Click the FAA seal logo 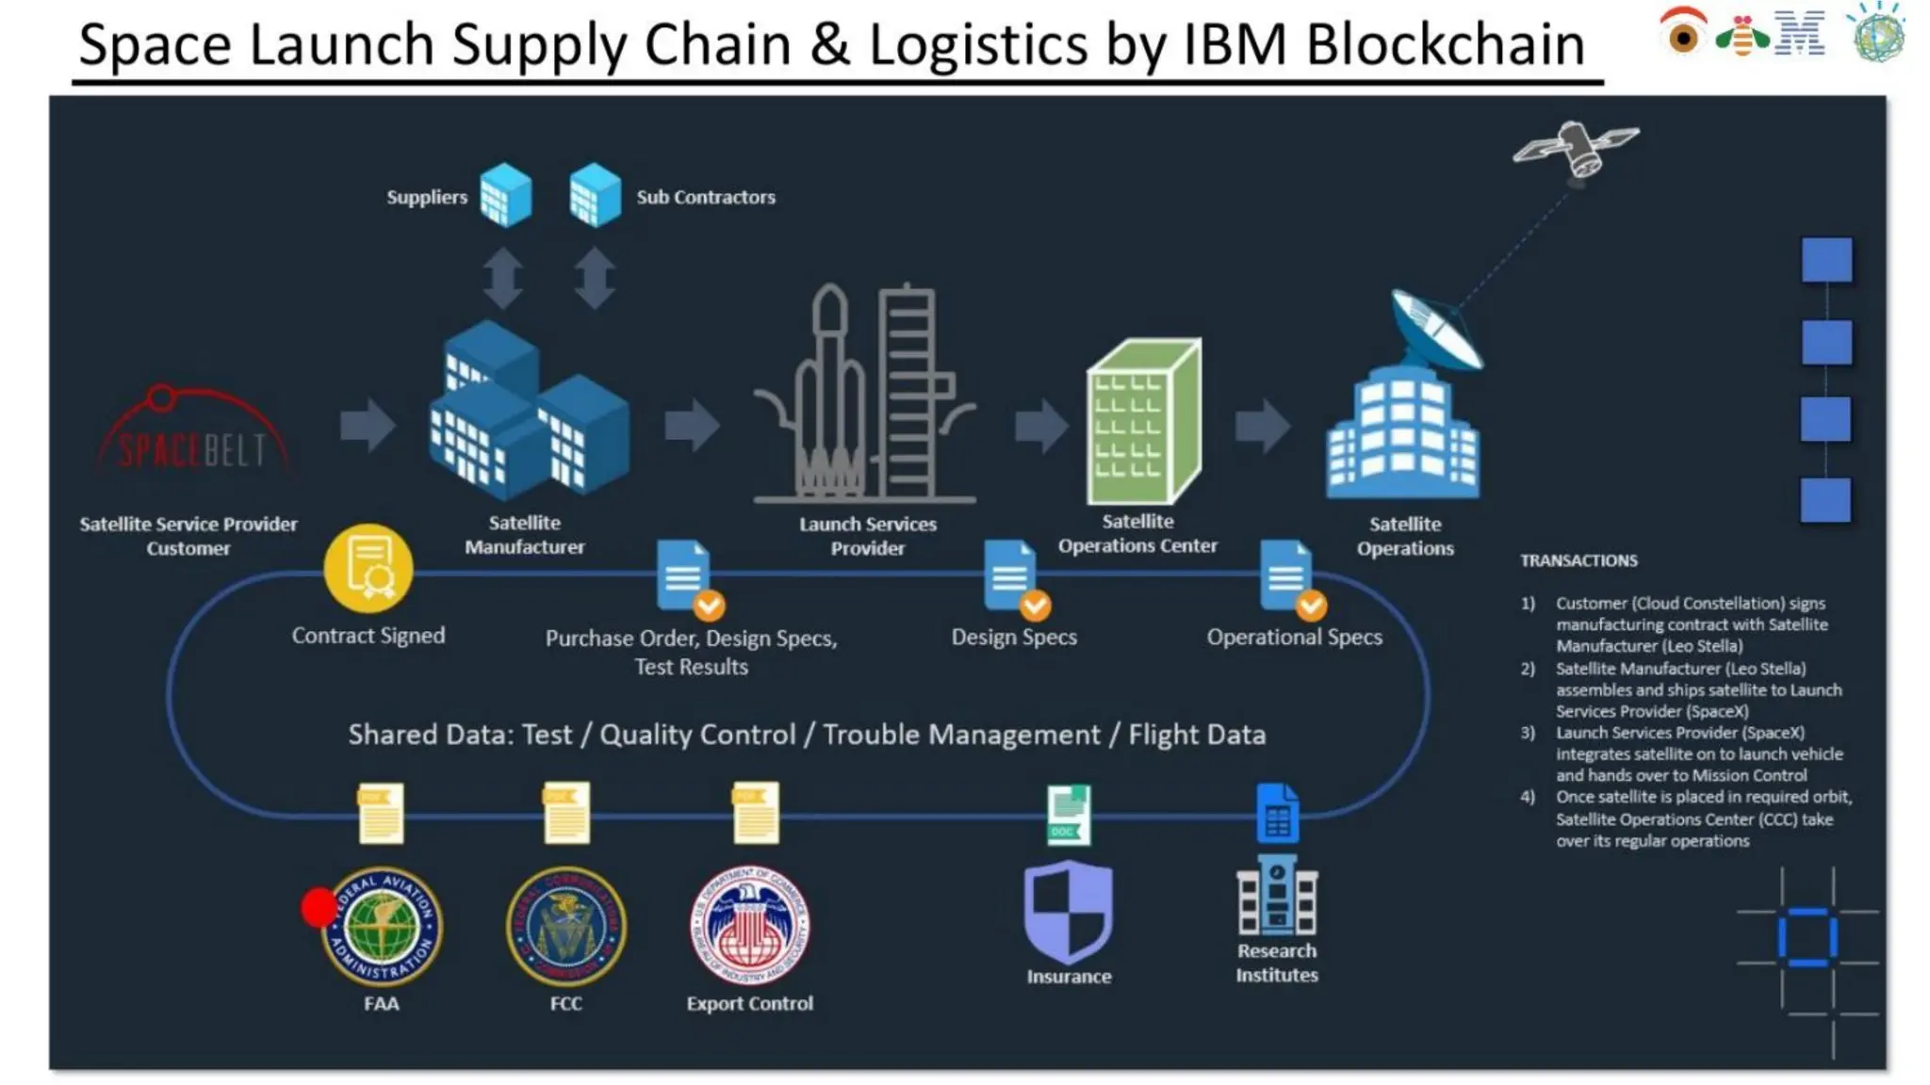click(x=382, y=925)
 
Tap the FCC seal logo click(x=565, y=925)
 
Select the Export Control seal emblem click(x=750, y=925)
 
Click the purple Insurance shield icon click(x=1069, y=910)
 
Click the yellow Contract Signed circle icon click(x=368, y=568)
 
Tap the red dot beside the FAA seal click(x=319, y=907)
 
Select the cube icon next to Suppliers click(x=506, y=195)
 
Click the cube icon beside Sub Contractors click(x=595, y=195)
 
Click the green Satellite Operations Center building click(x=1143, y=421)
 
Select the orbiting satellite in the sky click(x=1576, y=148)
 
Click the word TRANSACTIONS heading click(x=1578, y=560)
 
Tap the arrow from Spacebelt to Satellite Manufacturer click(x=367, y=425)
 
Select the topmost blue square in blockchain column click(x=1826, y=259)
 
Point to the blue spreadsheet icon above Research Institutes click(x=1277, y=814)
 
